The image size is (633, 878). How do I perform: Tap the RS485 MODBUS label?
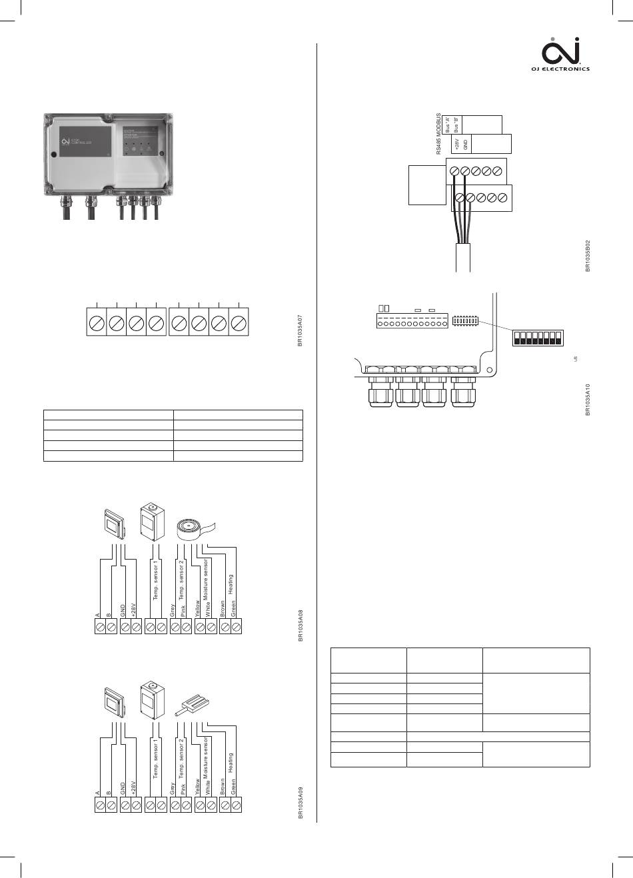(439, 134)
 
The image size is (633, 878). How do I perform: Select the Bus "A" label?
(448, 125)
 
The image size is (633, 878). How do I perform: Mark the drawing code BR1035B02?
(588, 256)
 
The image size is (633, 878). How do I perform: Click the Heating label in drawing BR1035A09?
(231, 763)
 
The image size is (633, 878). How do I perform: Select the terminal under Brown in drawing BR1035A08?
(225, 627)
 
